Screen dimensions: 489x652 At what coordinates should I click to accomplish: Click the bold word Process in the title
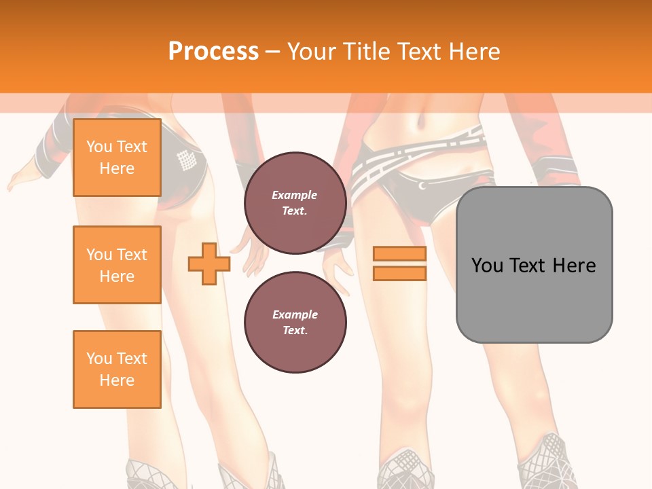pyautogui.click(x=213, y=52)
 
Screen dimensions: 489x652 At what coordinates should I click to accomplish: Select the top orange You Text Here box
pyautogui.click(x=117, y=158)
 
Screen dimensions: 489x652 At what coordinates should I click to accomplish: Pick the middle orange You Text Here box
pyautogui.click(x=117, y=265)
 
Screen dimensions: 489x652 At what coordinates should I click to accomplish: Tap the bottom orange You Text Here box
pyautogui.click(x=117, y=369)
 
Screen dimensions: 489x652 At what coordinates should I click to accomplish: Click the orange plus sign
pyautogui.click(x=209, y=264)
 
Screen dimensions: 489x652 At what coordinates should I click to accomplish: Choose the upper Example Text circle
pyautogui.click(x=295, y=202)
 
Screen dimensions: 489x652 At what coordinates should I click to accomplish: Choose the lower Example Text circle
pyautogui.click(x=295, y=322)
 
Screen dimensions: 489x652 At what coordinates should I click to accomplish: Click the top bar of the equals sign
pyautogui.click(x=399, y=254)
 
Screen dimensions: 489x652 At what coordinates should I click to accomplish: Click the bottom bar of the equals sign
pyautogui.click(x=399, y=273)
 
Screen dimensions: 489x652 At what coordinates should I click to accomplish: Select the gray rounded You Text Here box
pyautogui.click(x=534, y=265)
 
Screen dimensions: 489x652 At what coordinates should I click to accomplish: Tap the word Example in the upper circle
pyautogui.click(x=295, y=195)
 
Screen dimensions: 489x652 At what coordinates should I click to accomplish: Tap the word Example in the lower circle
pyautogui.click(x=295, y=314)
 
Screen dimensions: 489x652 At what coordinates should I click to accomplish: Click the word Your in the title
pyautogui.click(x=312, y=52)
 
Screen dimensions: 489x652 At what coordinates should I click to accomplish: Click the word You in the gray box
pyautogui.click(x=487, y=266)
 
